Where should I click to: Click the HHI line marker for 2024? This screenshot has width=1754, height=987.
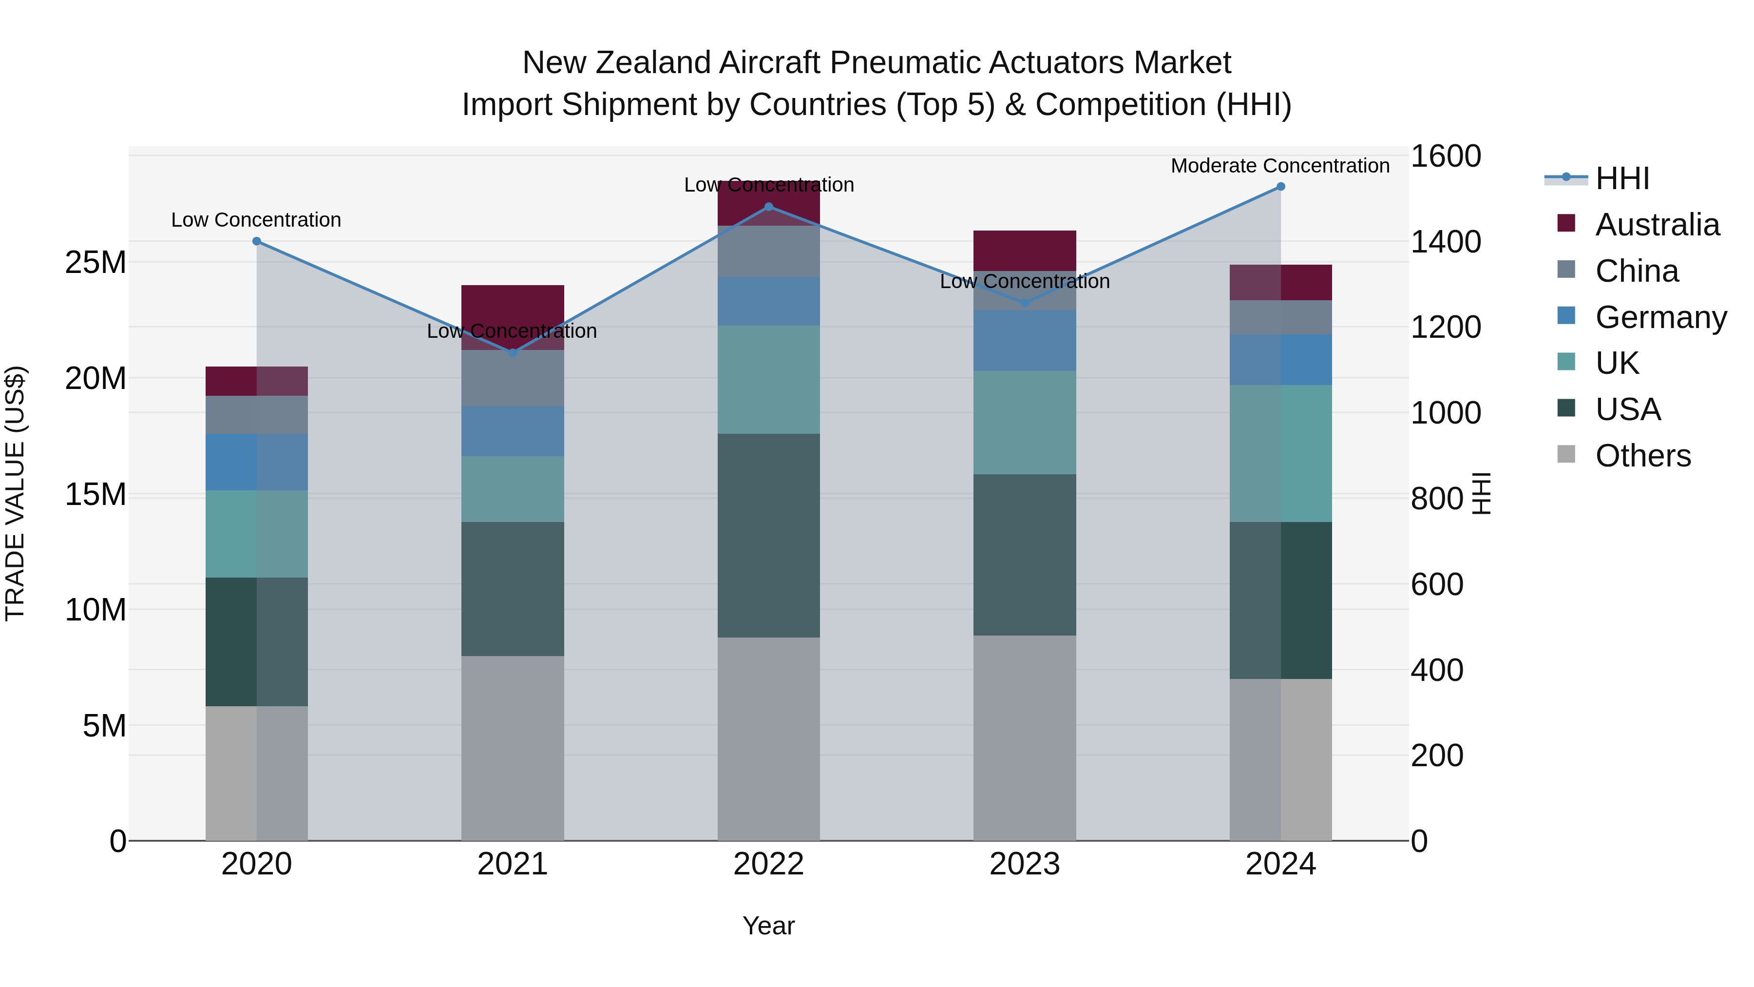1281,187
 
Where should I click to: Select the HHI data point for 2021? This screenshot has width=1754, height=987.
513,353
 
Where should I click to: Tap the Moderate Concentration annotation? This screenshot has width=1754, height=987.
1280,166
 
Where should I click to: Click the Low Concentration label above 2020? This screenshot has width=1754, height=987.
256,220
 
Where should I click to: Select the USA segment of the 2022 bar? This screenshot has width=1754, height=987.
769,535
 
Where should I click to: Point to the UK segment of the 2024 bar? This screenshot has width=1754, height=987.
1281,454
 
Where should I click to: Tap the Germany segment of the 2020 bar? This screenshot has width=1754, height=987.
257,462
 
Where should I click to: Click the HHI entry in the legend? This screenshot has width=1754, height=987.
1622,178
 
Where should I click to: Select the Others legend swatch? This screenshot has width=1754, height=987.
1566,454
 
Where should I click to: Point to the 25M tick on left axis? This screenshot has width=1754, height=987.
95,262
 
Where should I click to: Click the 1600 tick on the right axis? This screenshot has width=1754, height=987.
1445,156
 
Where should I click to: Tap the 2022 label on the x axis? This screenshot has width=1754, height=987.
769,864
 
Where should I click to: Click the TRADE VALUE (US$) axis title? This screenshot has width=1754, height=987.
15,493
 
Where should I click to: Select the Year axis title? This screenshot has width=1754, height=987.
769,926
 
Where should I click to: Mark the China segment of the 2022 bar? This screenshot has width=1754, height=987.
769,252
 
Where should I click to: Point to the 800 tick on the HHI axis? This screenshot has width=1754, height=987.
1437,499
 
